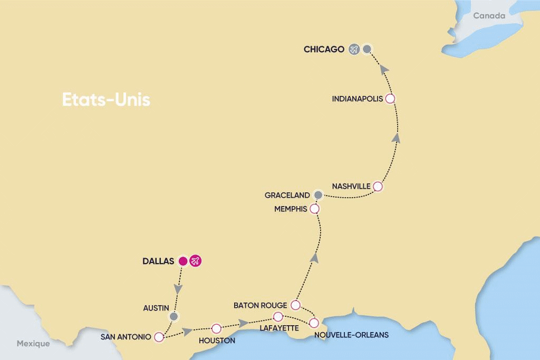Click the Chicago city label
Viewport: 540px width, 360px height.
click(x=324, y=50)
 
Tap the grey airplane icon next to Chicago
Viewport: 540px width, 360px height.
click(x=353, y=50)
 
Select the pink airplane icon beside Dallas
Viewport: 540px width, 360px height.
click(x=196, y=260)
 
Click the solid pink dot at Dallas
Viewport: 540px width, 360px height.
click(x=183, y=260)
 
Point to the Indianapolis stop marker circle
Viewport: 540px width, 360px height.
click(x=390, y=99)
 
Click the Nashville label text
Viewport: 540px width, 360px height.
click(x=351, y=186)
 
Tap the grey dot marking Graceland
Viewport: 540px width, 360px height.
click(x=317, y=195)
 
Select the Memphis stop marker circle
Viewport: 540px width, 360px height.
click(x=315, y=209)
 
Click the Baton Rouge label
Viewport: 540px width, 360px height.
click(x=261, y=305)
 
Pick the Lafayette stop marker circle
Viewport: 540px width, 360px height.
click(x=278, y=317)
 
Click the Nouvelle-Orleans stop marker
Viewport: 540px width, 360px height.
click(x=314, y=323)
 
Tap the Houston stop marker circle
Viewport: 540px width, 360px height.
click(x=216, y=328)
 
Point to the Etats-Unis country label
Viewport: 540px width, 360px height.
click(x=106, y=100)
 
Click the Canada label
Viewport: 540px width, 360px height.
click(x=489, y=16)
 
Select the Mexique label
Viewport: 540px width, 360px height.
click(x=33, y=344)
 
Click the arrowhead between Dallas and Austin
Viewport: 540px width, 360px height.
click(x=179, y=290)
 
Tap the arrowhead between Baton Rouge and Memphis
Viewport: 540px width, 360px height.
click(x=314, y=257)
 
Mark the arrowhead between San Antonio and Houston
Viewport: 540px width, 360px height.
click(x=187, y=332)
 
